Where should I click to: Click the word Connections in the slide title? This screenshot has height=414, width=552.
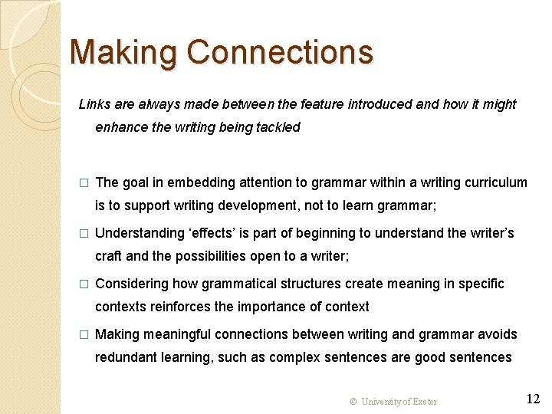pos(280,53)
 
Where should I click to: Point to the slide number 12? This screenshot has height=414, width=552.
pos(533,399)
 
